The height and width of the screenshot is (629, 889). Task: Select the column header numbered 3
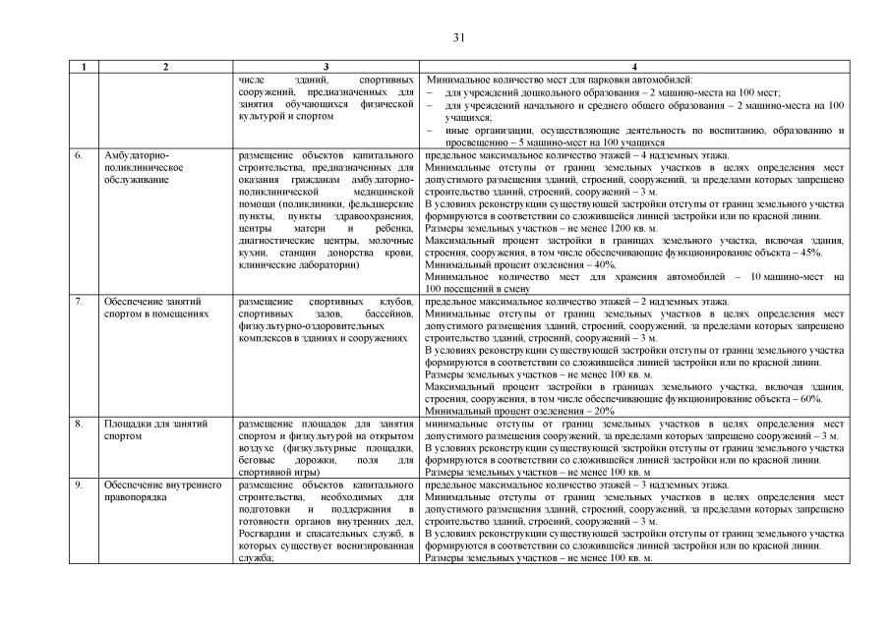(326, 67)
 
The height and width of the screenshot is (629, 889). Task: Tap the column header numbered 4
(634, 67)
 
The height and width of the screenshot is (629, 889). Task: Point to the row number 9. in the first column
(78, 485)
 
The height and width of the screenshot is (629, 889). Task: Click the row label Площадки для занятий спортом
(155, 429)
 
